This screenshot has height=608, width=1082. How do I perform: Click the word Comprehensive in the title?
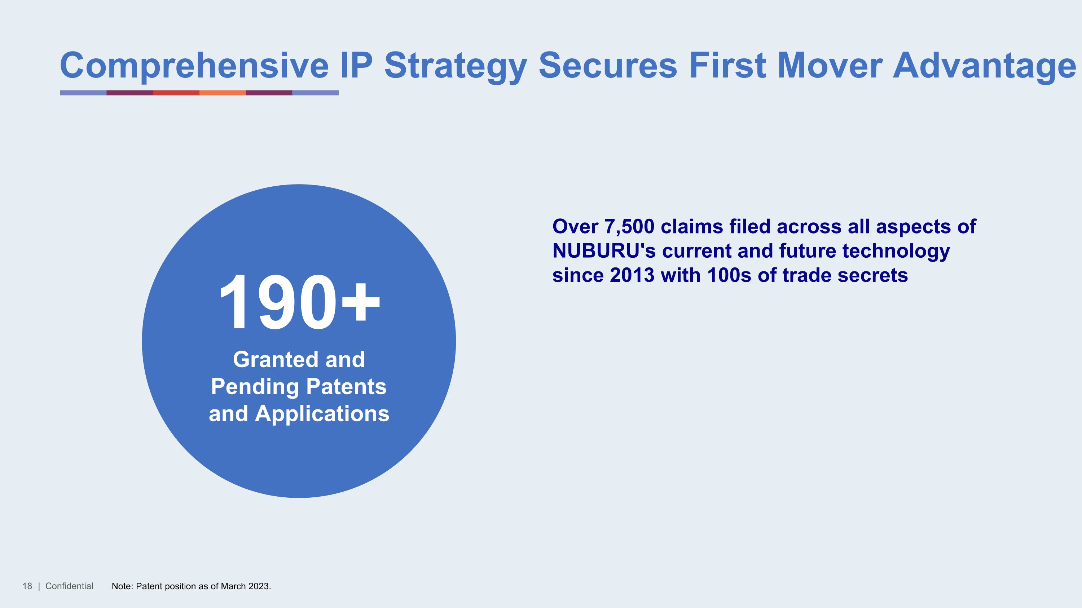point(194,66)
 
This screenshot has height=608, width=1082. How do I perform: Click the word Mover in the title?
point(830,66)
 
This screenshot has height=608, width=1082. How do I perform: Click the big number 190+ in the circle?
point(299,303)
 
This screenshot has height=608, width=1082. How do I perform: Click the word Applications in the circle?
point(322,414)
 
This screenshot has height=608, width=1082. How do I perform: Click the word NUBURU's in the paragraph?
point(604,251)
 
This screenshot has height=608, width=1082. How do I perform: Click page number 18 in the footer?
point(27,586)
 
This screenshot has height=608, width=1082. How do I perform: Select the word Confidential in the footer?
point(69,586)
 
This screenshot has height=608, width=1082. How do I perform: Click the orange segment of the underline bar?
point(222,93)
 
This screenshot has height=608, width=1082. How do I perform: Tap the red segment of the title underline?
point(176,93)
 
